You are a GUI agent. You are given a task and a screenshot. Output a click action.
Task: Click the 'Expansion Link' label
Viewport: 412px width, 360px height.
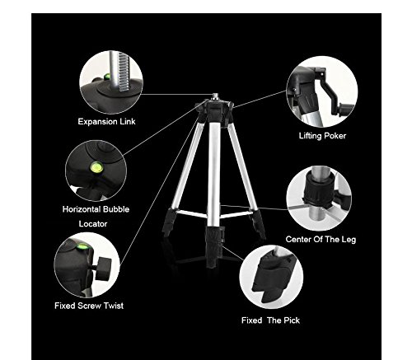click(106, 121)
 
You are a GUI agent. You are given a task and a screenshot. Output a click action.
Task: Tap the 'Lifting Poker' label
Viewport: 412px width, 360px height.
click(322, 136)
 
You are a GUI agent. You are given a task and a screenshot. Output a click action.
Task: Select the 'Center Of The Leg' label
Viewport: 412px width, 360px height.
click(321, 240)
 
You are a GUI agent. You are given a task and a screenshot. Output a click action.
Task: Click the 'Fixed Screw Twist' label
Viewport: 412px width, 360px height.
click(89, 306)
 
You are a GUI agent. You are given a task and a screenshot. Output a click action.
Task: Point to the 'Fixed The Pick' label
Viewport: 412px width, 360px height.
click(270, 320)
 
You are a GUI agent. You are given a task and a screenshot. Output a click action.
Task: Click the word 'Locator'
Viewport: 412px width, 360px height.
click(93, 224)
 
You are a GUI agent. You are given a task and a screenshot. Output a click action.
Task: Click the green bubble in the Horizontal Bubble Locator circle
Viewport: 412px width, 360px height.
click(96, 166)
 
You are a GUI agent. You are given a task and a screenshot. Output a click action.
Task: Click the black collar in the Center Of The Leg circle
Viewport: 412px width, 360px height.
click(320, 190)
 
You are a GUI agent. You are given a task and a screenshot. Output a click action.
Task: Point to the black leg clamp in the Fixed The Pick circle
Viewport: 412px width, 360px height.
click(270, 278)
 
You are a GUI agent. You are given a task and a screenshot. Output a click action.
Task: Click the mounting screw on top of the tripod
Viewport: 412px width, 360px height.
click(216, 96)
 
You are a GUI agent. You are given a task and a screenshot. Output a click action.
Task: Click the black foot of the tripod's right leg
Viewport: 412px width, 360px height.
click(257, 224)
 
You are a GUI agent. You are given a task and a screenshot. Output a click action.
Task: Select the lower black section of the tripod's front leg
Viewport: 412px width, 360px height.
click(214, 245)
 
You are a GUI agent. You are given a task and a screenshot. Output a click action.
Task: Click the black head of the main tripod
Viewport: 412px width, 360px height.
click(215, 110)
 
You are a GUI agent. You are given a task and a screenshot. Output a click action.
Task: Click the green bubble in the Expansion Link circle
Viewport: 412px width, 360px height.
click(106, 77)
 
